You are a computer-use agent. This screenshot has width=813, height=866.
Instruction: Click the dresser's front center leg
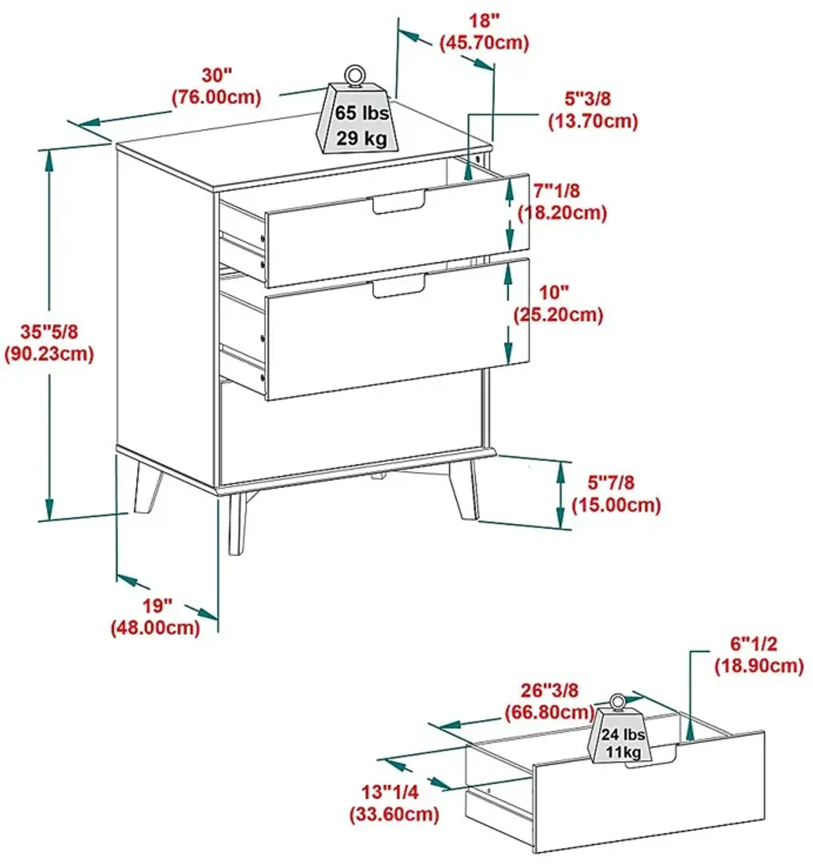click(x=237, y=523)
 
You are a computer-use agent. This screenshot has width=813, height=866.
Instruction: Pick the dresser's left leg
click(x=147, y=488)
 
